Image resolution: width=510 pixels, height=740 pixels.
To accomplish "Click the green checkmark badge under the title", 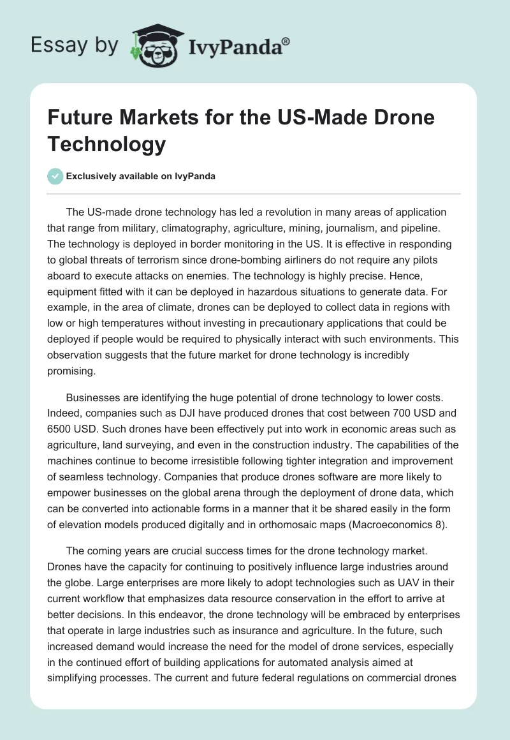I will (55, 176).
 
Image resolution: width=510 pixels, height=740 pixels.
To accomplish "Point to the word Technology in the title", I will (106, 144).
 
